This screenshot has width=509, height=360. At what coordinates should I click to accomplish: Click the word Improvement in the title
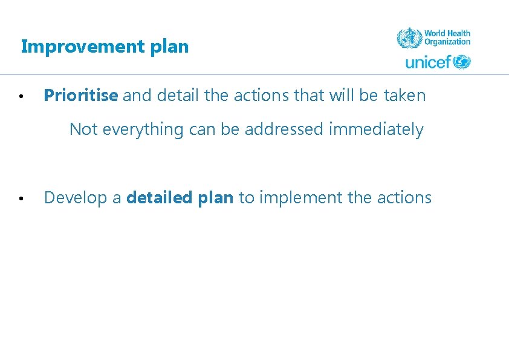click(80, 47)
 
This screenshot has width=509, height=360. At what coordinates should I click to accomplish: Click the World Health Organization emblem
click(409, 38)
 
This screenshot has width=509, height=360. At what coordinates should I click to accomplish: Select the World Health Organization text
click(447, 38)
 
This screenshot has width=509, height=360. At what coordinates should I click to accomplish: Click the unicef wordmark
click(429, 62)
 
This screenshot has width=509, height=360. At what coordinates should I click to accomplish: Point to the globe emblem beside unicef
click(462, 62)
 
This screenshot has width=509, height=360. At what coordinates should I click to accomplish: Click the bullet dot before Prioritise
click(21, 96)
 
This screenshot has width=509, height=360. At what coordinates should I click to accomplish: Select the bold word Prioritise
click(81, 96)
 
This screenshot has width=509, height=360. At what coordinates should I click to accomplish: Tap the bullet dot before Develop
click(21, 198)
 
